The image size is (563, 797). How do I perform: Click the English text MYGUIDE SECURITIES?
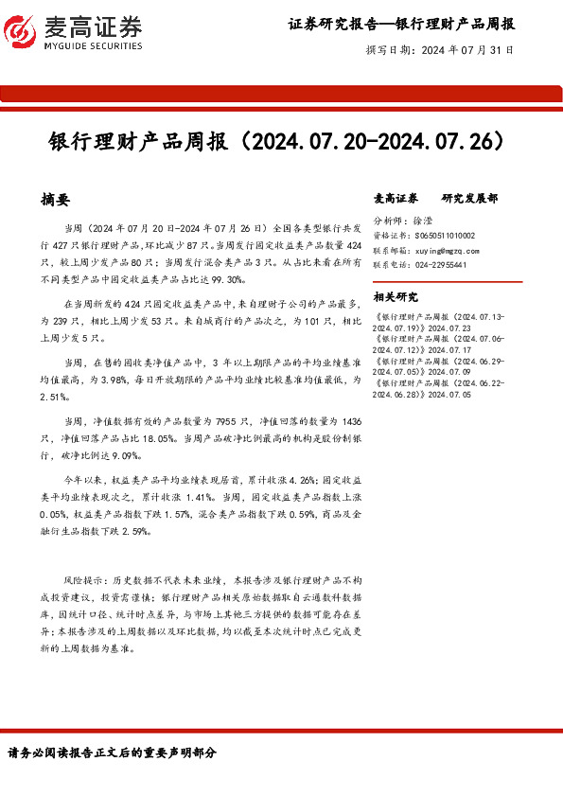pos(92,45)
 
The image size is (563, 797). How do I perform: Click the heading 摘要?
pos(56,200)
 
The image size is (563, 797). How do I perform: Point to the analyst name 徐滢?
pos(426,220)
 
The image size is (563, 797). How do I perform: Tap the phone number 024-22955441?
pos(439,265)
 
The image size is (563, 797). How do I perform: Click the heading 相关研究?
pos(396,297)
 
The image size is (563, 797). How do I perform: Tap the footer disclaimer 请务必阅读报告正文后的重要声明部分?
pos(112,753)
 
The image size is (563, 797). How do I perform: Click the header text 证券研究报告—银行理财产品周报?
pos(401,23)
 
